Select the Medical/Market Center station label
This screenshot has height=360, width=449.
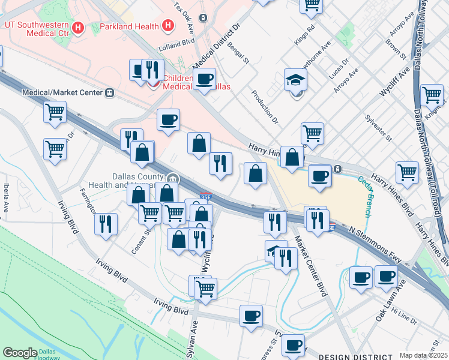(62, 93)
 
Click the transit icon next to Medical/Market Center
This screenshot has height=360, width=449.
(109, 93)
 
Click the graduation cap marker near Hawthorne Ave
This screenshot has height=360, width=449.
(295, 79)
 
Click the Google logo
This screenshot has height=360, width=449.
(20, 352)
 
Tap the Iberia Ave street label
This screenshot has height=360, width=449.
(6, 197)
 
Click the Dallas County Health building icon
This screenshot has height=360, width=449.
(173, 178)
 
